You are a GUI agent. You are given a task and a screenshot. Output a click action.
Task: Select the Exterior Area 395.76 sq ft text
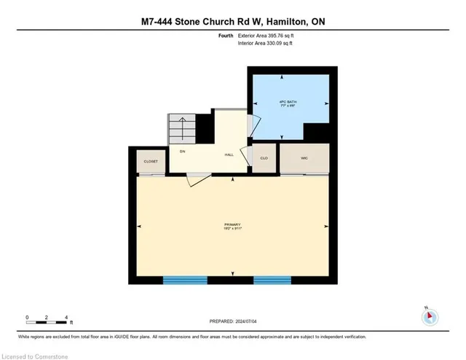click(269, 36)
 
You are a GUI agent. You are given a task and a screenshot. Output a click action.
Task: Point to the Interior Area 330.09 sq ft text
click(267, 44)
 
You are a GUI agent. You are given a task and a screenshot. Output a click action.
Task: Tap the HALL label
click(229, 154)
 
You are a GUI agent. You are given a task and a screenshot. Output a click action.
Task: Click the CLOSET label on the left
click(151, 162)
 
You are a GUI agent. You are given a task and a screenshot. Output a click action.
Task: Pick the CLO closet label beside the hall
click(263, 157)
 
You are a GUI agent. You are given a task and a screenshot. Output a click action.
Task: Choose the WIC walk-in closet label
click(304, 157)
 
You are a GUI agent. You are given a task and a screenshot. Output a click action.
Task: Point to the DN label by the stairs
click(183, 151)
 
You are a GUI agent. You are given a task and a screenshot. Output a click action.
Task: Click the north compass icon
click(430, 316)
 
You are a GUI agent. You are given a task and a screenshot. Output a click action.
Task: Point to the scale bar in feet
click(47, 318)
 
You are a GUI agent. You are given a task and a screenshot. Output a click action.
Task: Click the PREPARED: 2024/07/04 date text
click(232, 322)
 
